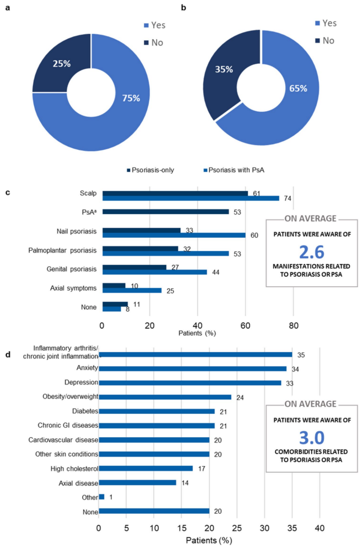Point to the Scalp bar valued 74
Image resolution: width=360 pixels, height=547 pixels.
tap(192, 199)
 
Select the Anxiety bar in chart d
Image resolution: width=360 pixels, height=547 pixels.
tap(192, 369)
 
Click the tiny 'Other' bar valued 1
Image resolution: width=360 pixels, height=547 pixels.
tap(101, 497)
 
